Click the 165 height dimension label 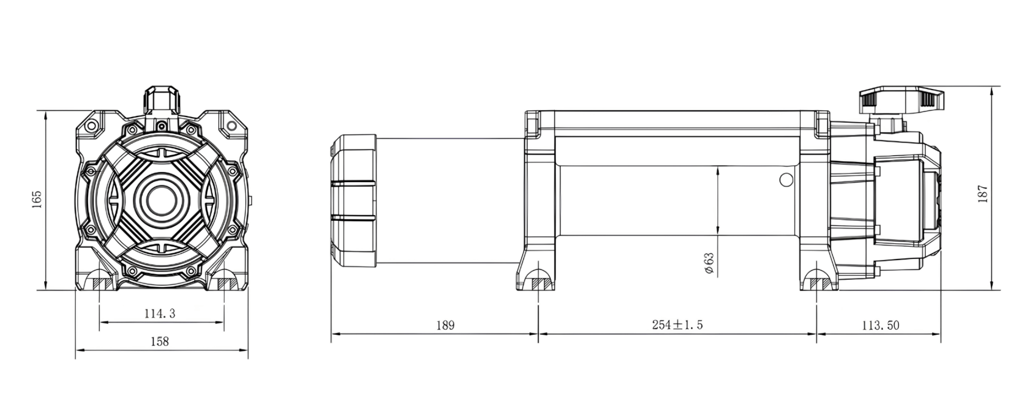[x=36, y=200]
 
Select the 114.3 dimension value [x=160, y=313]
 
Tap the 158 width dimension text [x=160, y=341]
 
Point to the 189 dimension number [x=445, y=325]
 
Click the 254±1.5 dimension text [x=677, y=325]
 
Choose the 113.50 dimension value [x=881, y=325]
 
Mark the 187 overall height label [x=982, y=194]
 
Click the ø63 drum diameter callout [x=709, y=264]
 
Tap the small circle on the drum [x=786, y=180]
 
